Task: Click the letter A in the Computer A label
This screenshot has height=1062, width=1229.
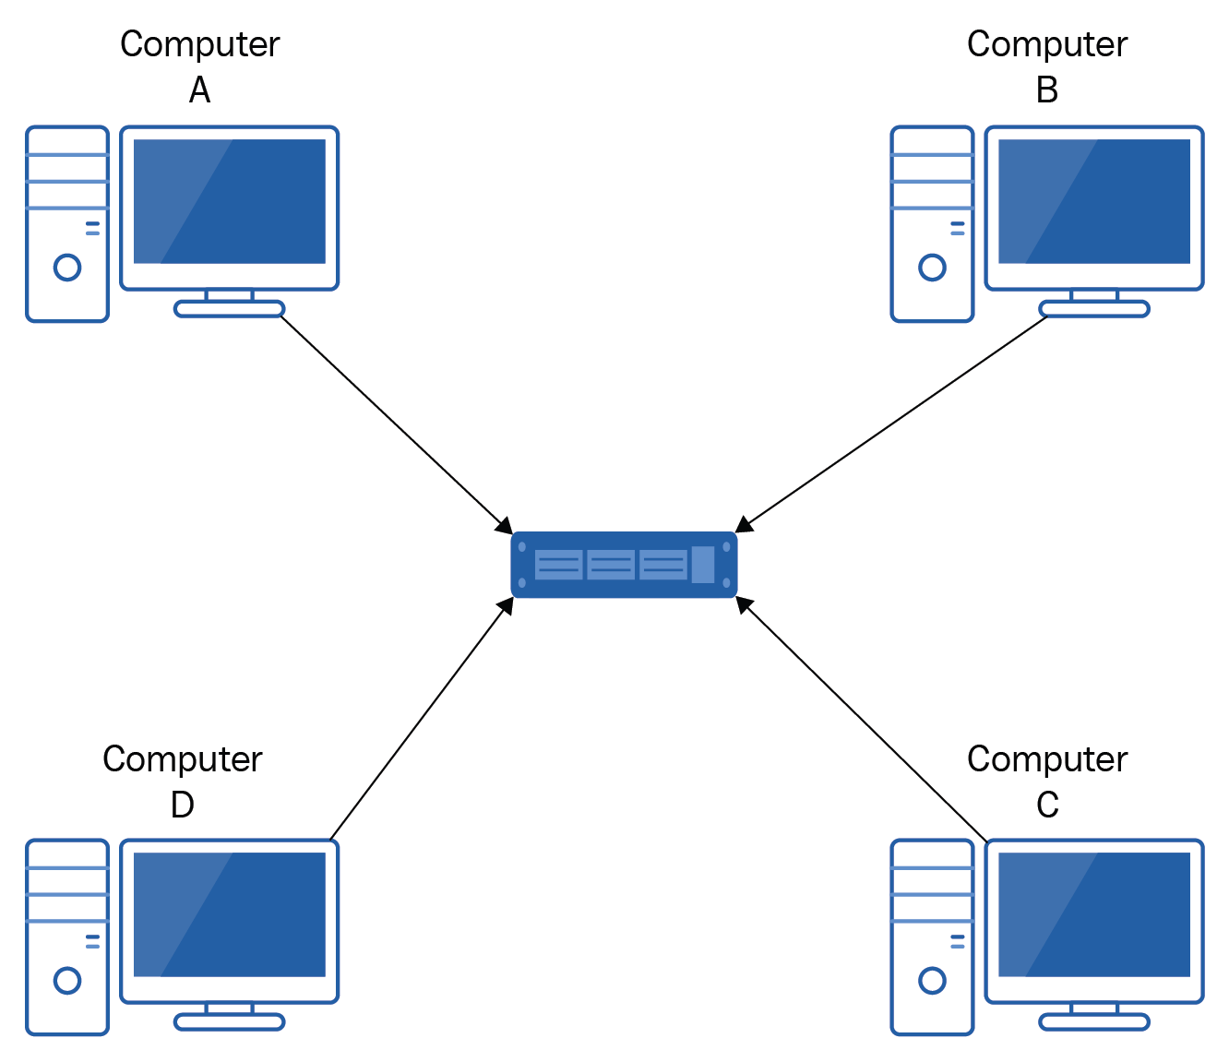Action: tap(199, 90)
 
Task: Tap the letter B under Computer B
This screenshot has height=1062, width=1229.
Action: tap(1046, 90)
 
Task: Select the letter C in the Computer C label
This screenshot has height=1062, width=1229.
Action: tap(1046, 805)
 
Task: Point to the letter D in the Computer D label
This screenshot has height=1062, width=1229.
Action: tap(182, 805)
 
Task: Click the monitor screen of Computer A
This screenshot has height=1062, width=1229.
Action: tap(230, 201)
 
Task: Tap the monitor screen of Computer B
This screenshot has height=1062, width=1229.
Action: tap(1094, 201)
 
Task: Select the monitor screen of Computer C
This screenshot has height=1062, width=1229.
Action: tap(1094, 914)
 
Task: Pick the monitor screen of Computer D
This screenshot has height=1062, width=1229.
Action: tap(230, 914)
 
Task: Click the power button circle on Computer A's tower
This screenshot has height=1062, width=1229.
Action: tap(67, 268)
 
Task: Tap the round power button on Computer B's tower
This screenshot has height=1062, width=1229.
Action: tap(932, 268)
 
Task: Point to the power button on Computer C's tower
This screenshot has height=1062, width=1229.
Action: tap(932, 980)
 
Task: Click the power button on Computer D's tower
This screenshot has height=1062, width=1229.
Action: tap(67, 980)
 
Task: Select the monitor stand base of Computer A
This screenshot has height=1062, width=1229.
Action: tap(229, 309)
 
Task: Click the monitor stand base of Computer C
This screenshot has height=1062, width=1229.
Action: tap(1094, 1022)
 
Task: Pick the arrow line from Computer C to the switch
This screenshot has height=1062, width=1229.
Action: tap(863, 721)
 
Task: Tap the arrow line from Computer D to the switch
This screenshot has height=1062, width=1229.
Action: tap(420, 720)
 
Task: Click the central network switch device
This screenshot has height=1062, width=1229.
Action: tap(624, 565)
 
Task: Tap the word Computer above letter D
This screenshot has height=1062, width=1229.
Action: tap(182, 759)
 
